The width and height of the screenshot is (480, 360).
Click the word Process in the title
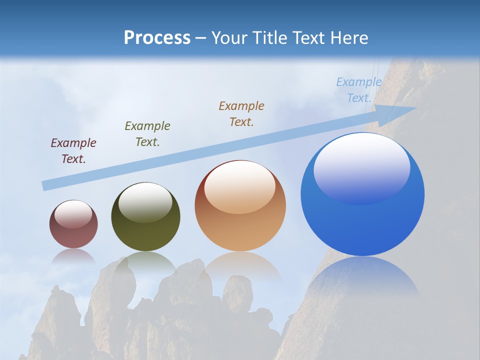click(157, 38)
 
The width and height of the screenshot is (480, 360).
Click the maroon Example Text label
click(73, 151)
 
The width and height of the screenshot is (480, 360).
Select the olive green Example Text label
click(147, 134)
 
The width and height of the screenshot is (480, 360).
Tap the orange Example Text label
click(241, 113)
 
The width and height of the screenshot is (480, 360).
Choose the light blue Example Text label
click(359, 90)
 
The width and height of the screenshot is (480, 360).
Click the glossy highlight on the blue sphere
click(361, 167)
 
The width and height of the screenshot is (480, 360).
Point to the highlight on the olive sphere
click(145, 201)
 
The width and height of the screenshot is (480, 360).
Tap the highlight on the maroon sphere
click(73, 214)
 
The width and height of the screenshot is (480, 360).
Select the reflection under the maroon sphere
click(73, 256)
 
